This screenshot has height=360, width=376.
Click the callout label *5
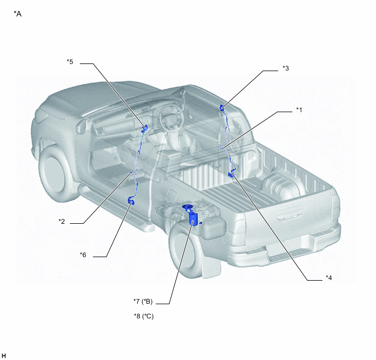(70, 62)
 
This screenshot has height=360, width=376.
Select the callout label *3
(286, 68)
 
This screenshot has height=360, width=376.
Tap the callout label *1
(299, 110)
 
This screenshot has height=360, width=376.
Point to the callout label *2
(62, 221)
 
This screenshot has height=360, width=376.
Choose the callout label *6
(83, 254)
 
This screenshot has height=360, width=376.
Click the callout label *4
(329, 278)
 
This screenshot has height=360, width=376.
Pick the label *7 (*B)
(143, 301)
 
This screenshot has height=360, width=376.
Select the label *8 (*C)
(144, 316)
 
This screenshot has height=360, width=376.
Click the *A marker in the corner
(17, 14)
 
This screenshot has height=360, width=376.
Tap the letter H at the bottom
(4, 356)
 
